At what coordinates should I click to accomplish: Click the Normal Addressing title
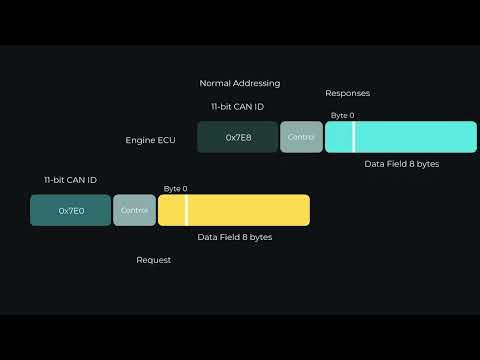pos(240,83)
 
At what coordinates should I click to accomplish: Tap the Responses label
pos(347,93)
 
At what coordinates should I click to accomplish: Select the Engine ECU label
pos(150,140)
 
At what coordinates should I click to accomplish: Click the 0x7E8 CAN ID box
pos(238,137)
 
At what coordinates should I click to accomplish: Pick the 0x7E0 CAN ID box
pos(70,210)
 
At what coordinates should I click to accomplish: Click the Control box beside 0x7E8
pos(301,137)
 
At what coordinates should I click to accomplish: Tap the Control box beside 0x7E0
pos(134,210)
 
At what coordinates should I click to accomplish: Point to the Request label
pos(153,260)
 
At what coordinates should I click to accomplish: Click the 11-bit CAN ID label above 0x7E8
pos(237,106)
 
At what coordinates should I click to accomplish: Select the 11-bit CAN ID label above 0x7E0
pos(70,180)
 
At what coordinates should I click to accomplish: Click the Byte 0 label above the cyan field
pos(342,116)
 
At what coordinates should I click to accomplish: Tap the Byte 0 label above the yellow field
pos(175,189)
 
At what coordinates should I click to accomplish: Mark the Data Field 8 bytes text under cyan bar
pos(401,163)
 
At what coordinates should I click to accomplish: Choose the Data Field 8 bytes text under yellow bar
pos(234,237)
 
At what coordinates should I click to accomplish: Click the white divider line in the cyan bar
pos(353,137)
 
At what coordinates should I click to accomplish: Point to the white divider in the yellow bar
pos(186,210)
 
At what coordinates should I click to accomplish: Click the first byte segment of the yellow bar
pos(171,210)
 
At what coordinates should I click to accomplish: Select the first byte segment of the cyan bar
pos(338,137)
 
